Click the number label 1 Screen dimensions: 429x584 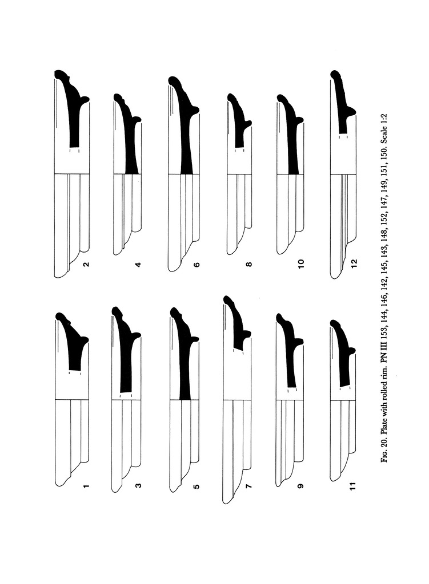(x=86, y=486)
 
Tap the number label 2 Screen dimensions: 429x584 (x=86, y=265)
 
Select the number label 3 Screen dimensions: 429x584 (x=138, y=486)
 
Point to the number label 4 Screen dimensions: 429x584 (x=138, y=265)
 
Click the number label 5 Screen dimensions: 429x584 (x=197, y=486)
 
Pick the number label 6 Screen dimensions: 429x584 (x=197, y=265)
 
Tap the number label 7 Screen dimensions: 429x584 (x=249, y=486)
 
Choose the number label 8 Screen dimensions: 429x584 (x=249, y=265)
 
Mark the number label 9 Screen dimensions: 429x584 (x=302, y=486)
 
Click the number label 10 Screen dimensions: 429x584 (x=302, y=263)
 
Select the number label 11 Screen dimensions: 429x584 (x=353, y=486)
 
